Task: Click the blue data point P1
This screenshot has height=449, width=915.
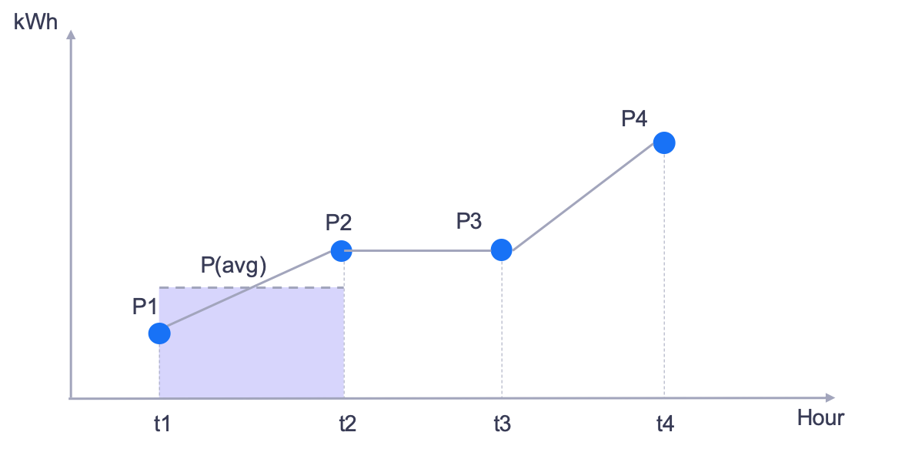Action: [159, 333]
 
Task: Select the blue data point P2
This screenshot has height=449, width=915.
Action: [342, 250]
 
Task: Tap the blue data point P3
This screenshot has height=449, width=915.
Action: [501, 250]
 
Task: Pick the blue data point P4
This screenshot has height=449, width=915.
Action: [664, 142]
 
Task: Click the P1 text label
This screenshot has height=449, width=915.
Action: [145, 307]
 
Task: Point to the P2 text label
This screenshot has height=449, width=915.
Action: [339, 223]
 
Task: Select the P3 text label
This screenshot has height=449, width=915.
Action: [470, 221]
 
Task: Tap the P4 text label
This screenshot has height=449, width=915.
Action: [634, 119]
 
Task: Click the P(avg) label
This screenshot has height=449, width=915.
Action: [233, 266]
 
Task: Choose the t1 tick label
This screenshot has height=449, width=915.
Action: [162, 424]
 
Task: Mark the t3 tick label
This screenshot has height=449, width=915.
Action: [501, 424]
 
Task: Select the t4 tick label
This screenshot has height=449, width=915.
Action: [665, 424]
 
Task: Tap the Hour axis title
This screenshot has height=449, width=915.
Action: [820, 418]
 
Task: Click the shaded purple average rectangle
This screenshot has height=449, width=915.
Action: [252, 343]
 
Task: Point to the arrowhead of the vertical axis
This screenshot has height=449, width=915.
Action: [72, 35]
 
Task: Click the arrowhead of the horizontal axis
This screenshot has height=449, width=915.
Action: [830, 398]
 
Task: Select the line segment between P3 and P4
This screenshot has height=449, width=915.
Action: [583, 196]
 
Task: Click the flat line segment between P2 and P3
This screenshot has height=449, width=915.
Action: [421, 250]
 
